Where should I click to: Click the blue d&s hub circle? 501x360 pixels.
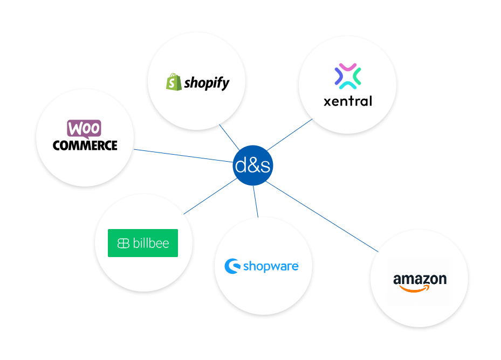(252, 165)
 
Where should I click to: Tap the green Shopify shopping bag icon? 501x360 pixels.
(173, 82)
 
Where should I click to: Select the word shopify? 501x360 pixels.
(207, 83)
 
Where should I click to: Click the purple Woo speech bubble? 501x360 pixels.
(84, 128)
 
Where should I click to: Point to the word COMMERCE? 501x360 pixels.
(85, 145)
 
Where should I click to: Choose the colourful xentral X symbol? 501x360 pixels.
(348, 76)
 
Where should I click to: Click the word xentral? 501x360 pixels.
(348, 101)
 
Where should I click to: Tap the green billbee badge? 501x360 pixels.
(143, 243)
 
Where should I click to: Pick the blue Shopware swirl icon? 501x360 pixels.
(232, 266)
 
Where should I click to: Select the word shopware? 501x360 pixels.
(271, 266)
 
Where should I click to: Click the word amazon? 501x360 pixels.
(420, 279)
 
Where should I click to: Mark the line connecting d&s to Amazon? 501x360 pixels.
(324, 217)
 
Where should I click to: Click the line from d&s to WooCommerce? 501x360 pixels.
(183, 155)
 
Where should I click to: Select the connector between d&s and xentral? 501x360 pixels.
(290, 135)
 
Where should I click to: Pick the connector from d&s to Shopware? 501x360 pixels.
(256, 202)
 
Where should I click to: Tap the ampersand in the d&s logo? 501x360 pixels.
(252, 165)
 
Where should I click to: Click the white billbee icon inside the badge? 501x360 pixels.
(123, 244)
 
